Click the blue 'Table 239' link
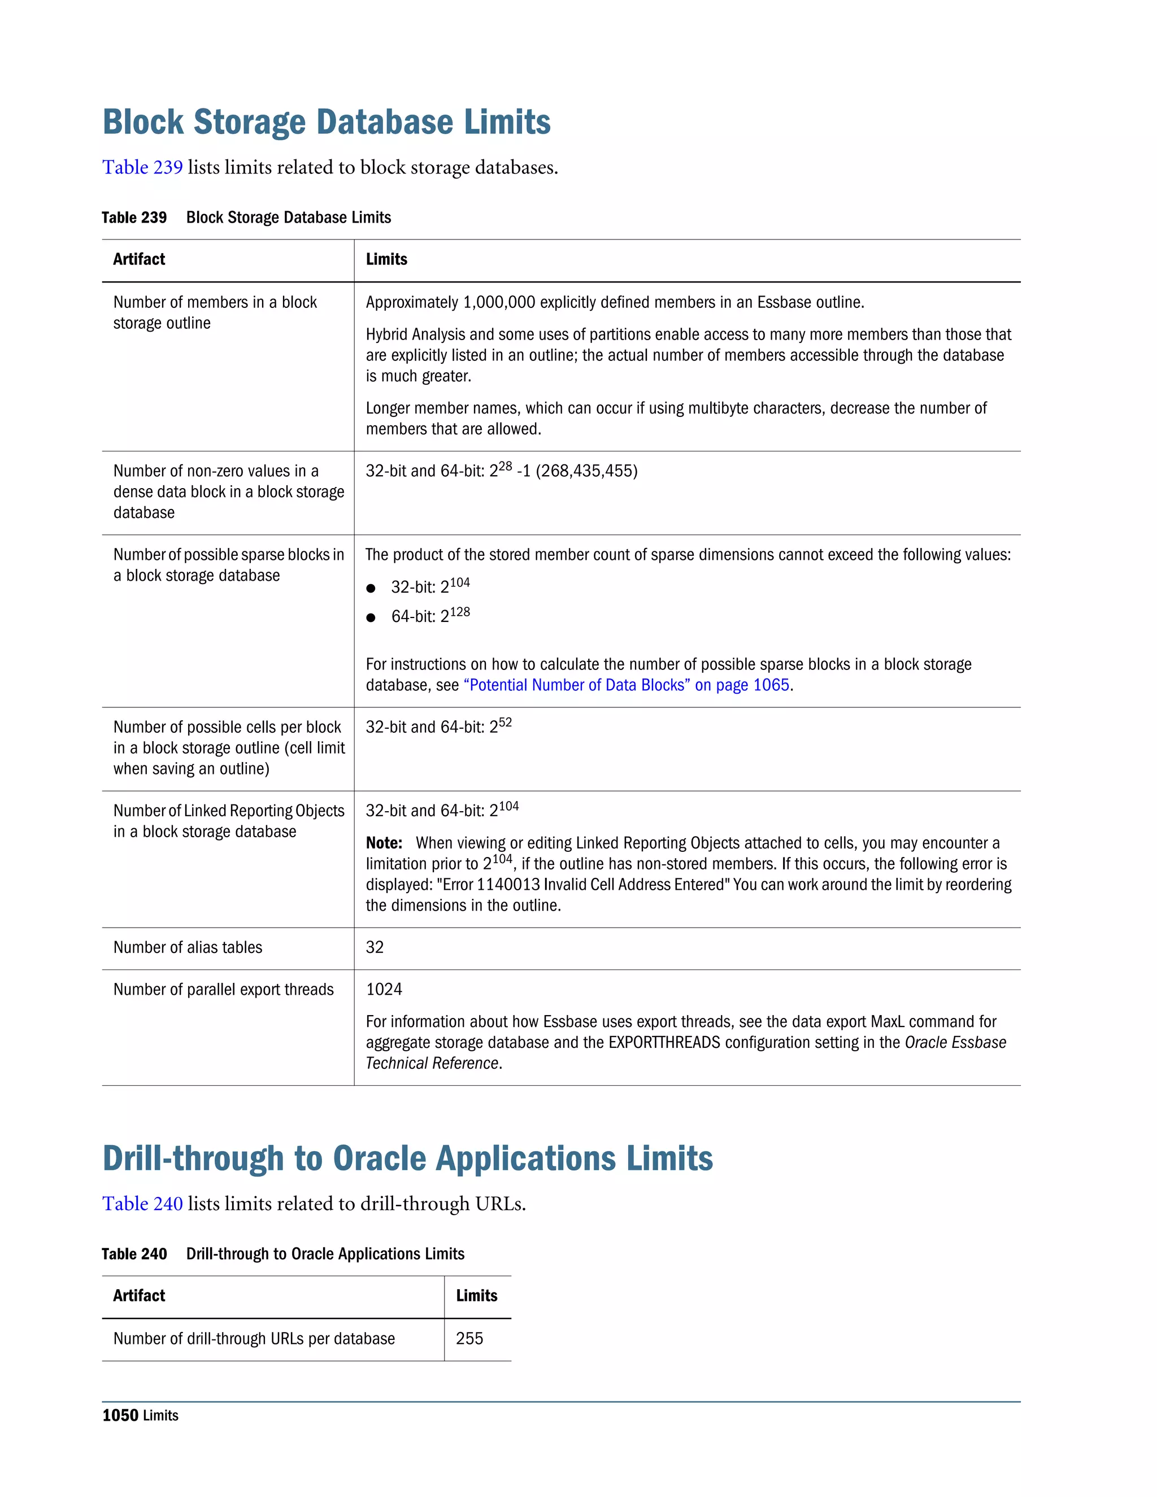[142, 167]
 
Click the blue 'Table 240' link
[142, 1204]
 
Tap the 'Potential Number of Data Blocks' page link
[627, 685]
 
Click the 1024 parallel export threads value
[384, 989]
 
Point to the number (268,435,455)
[587, 471]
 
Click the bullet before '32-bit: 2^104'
[371, 588]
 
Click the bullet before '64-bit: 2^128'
[371, 617]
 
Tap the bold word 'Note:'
[384, 843]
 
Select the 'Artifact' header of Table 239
[139, 259]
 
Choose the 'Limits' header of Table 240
[476, 1295]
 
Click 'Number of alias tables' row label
[188, 947]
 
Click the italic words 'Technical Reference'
[432, 1063]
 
